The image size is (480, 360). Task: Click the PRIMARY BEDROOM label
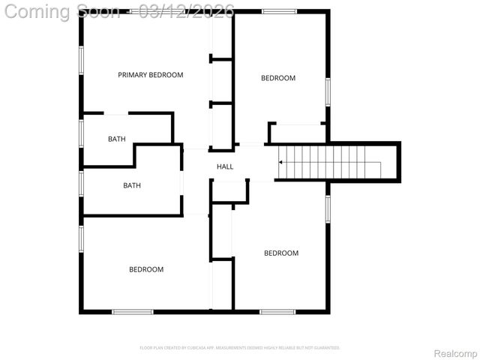coord(150,75)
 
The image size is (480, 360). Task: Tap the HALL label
coord(225,166)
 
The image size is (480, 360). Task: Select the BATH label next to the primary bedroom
coord(116,139)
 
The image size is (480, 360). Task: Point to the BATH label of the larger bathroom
coord(132,185)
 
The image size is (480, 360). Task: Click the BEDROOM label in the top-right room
coord(277,78)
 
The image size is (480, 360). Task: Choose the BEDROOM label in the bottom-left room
coord(145,269)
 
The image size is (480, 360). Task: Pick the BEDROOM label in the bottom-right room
coord(280,253)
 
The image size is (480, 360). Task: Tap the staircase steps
coord(330,161)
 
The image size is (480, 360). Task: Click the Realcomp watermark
coord(456,353)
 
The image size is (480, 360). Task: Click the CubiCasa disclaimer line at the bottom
coord(240,348)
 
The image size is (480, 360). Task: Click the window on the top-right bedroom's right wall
coord(327,91)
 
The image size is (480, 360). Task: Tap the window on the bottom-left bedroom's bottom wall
coord(133,311)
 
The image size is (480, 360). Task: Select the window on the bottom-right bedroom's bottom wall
coord(277,311)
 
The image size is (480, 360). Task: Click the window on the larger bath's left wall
coord(81,183)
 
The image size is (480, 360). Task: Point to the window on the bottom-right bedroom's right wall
coord(327,208)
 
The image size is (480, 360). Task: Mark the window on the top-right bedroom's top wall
coord(279,12)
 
